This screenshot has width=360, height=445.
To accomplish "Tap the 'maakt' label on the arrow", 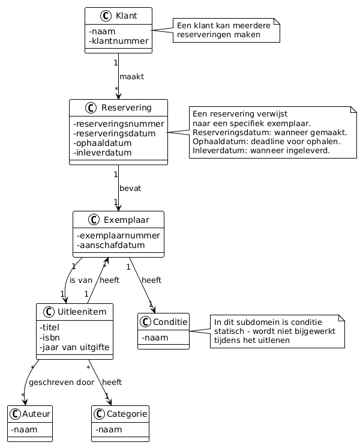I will click(131, 77).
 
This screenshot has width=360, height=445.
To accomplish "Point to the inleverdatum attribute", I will click(103, 153).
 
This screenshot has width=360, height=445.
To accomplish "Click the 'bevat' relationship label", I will click(130, 189).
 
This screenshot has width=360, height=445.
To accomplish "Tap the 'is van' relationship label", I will click(81, 280).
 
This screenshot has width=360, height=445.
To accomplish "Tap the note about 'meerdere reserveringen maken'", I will click(227, 30).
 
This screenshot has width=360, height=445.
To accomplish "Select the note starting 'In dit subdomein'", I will click(276, 331).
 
